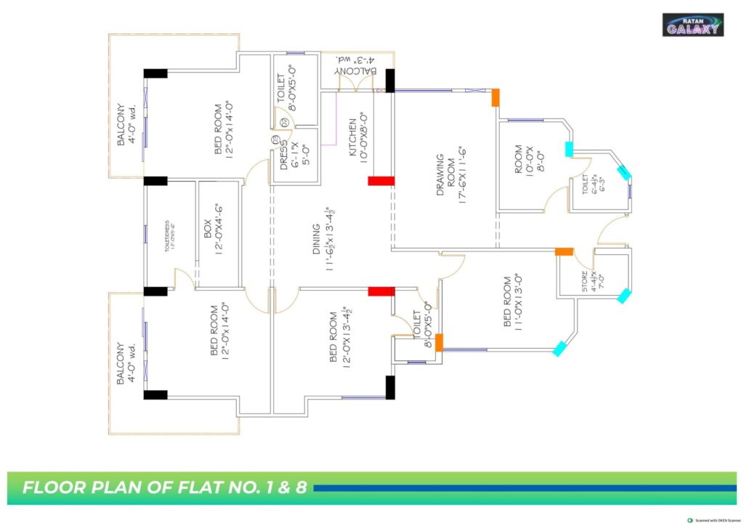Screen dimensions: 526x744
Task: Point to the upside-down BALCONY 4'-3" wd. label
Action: point(357,66)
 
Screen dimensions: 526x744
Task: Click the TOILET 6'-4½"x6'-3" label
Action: point(589,185)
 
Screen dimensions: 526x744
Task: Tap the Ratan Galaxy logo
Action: point(692,25)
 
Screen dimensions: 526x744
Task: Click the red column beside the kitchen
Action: point(381,181)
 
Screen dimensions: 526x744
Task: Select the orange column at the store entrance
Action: point(565,251)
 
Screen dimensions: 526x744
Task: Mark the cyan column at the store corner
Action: point(623,296)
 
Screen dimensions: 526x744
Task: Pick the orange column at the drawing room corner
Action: point(496,97)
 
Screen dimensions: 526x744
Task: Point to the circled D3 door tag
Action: point(275,141)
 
